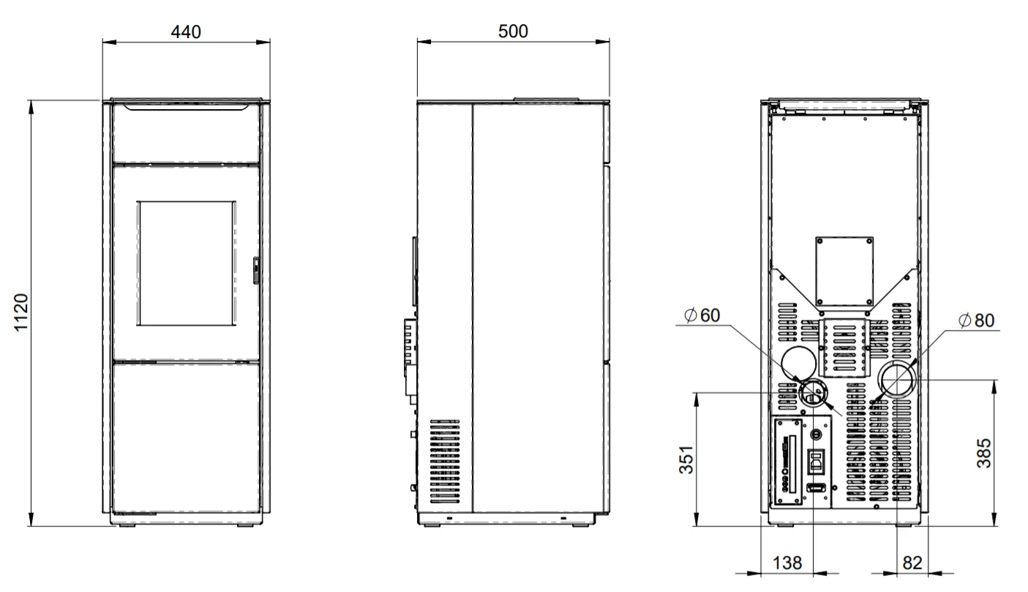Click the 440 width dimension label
point(186,31)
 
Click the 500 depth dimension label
point(513,31)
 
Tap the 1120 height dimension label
point(21,312)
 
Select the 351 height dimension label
point(686,459)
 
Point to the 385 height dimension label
point(984,454)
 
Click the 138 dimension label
point(787,563)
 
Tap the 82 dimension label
point(912,563)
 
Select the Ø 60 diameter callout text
point(702,315)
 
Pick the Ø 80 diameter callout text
point(977,321)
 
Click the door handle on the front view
point(256,271)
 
